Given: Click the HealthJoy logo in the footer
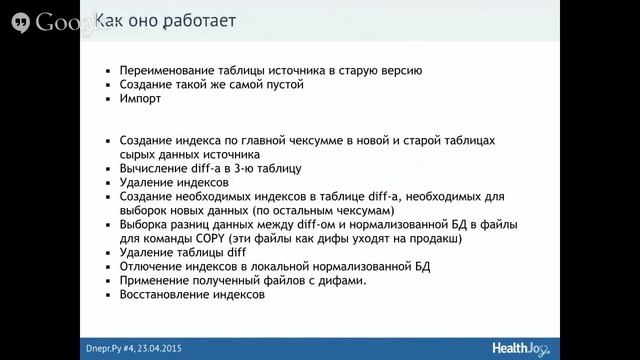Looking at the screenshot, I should click(525, 346).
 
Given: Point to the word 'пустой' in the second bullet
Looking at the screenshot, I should click(281, 86).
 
